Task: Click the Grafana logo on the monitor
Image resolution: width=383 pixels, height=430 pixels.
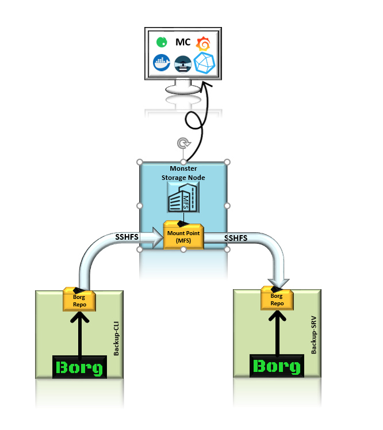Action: click(x=202, y=44)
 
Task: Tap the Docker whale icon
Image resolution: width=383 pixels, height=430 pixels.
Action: click(x=162, y=63)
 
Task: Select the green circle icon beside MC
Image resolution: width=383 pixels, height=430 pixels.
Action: click(x=162, y=42)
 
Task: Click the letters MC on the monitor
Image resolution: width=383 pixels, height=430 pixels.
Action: click(x=182, y=43)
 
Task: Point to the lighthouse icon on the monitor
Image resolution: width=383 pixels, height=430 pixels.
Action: click(x=183, y=63)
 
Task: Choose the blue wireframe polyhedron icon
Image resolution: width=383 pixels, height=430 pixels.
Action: click(x=204, y=63)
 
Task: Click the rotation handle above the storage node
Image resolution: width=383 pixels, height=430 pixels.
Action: click(x=183, y=144)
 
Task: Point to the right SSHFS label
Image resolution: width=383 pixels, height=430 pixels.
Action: click(x=235, y=238)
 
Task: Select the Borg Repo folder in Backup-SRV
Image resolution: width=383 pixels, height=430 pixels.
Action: click(x=276, y=298)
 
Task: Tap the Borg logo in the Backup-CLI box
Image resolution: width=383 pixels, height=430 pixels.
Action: click(x=80, y=366)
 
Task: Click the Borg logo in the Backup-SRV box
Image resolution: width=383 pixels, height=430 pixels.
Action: click(x=277, y=366)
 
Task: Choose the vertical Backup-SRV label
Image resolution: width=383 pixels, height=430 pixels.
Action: click(x=313, y=338)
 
